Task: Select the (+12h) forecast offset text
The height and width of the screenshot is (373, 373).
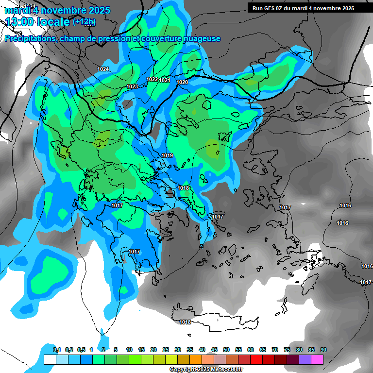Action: tap(84, 22)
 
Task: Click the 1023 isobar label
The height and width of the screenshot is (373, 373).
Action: tap(132, 86)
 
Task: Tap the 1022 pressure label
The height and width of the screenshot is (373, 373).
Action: tap(152, 79)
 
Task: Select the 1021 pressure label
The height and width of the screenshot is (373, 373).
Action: tap(165, 80)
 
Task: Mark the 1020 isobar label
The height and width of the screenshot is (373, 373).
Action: tap(182, 82)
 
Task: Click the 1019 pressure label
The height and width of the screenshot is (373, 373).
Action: tap(168, 155)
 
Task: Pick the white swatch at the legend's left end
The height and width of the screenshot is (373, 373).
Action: tap(50, 360)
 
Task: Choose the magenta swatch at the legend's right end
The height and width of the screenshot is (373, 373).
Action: tap(317, 360)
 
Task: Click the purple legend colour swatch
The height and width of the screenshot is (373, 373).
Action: tap(305, 360)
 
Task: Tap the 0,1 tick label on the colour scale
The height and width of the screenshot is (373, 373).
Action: tap(57, 350)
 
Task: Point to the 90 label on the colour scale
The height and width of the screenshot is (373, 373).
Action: tap(323, 350)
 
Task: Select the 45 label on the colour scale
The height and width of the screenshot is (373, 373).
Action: tap(214, 350)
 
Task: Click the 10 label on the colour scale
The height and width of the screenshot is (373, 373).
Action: tap(129, 350)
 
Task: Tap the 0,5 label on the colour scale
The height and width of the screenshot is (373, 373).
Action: tap(81, 350)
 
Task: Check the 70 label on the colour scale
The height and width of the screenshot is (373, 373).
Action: tap(275, 350)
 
